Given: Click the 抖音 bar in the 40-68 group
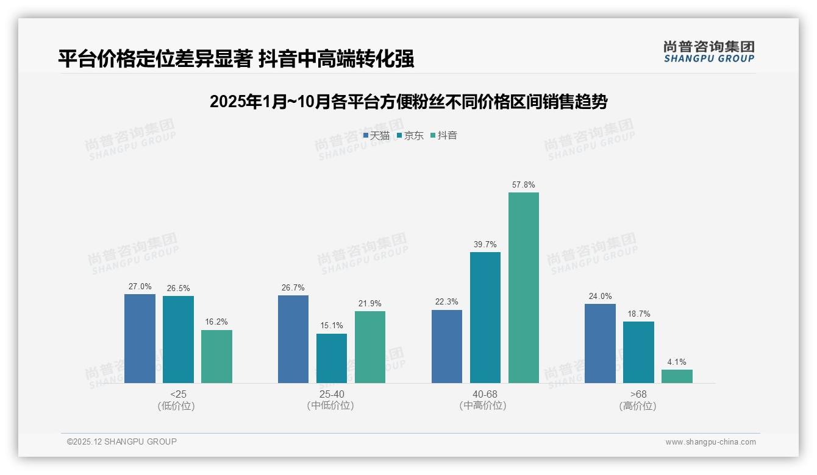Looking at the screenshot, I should point(524,287).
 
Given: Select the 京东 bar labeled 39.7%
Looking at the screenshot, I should point(485,317).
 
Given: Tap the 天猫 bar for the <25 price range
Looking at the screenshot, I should point(140,339).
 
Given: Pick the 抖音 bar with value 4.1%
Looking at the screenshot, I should point(677,376).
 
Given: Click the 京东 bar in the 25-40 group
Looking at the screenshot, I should point(332,358).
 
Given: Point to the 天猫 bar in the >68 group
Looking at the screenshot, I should point(600,343).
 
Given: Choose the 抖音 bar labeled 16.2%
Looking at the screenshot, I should point(216,356).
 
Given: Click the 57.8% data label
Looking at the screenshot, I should point(524,185).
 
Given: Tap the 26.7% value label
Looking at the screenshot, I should point(293,287).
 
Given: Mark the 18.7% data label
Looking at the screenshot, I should point(638,314).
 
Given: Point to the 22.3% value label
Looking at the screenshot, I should point(447,302).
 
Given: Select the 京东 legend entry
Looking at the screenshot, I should point(410,135).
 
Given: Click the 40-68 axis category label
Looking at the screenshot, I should point(485,395).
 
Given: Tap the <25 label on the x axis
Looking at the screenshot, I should point(178,395).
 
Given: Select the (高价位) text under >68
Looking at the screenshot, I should point(638,406).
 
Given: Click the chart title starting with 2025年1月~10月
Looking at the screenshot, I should point(408,102).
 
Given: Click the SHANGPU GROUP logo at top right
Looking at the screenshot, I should point(708,52).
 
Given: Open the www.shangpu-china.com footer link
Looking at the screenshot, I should point(710,442).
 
